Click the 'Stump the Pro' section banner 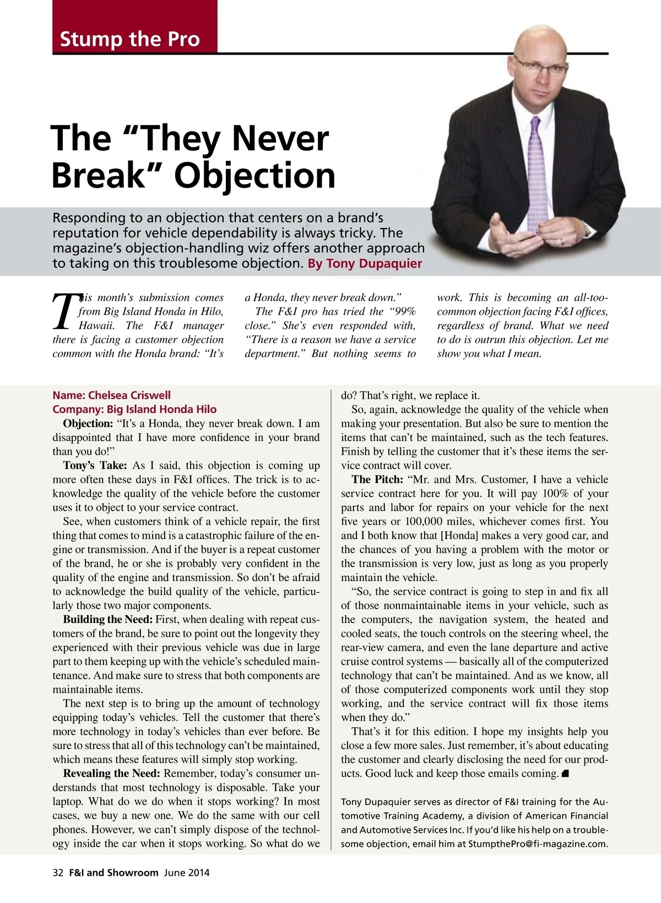pos(130,39)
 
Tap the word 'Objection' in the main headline pos(254,176)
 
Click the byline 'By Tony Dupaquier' pos(365,264)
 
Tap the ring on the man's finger pos(561,241)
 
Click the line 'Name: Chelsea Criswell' pos(111,395)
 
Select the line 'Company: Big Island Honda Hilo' pos(134,409)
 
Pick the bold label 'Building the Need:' pos(108,620)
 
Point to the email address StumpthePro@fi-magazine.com pos(538,843)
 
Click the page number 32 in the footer pos(58,873)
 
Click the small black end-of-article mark pos(565,774)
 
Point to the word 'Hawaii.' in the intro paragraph pos(97,325)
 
